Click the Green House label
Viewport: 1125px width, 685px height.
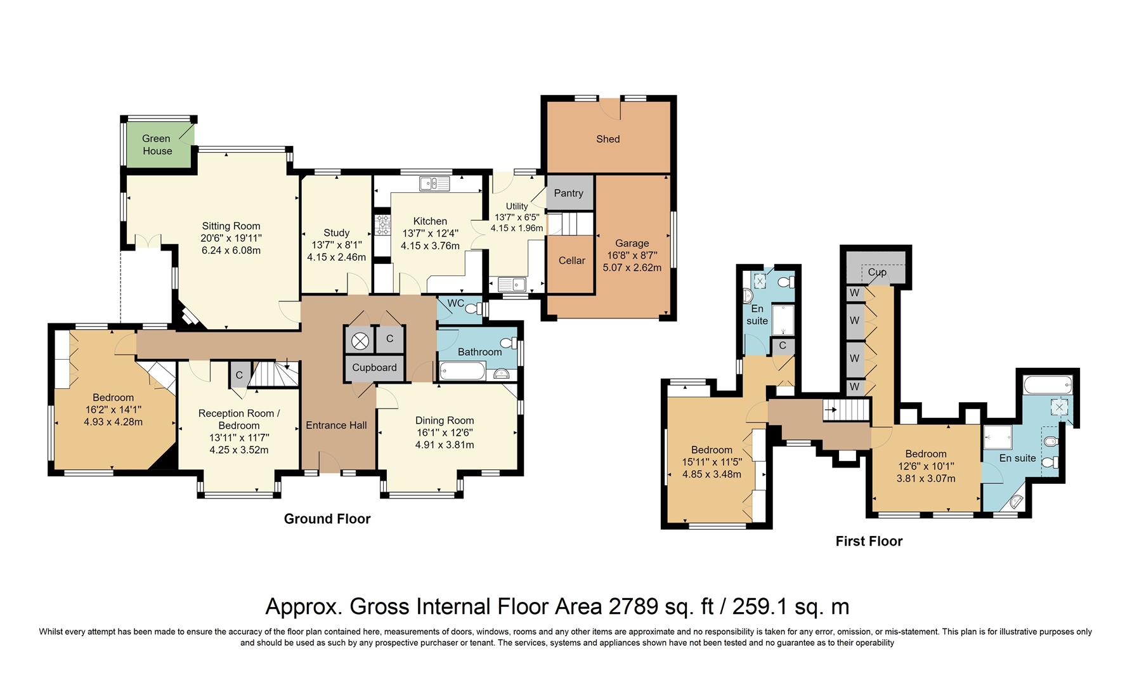click(x=157, y=145)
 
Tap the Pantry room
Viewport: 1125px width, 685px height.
click(x=569, y=193)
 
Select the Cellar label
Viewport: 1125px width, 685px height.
click(x=571, y=260)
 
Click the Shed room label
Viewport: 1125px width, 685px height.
click(x=608, y=139)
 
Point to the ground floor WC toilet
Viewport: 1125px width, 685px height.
click(x=472, y=309)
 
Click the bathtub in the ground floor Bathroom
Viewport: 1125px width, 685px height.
click(x=463, y=370)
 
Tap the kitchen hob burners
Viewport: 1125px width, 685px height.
click(x=383, y=225)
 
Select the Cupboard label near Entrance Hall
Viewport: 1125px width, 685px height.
click(x=374, y=367)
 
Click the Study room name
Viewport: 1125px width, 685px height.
click(x=336, y=233)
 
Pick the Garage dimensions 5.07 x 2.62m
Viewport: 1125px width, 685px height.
click(x=632, y=268)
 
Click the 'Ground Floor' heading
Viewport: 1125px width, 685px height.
click(x=327, y=519)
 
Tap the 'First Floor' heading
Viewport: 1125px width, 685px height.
click(x=869, y=541)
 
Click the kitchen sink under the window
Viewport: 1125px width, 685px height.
click(x=434, y=184)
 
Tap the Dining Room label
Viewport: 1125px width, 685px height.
click(x=445, y=421)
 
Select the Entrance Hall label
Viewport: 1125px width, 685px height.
click(x=336, y=426)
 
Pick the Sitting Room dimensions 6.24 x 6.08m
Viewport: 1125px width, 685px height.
click(x=231, y=250)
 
